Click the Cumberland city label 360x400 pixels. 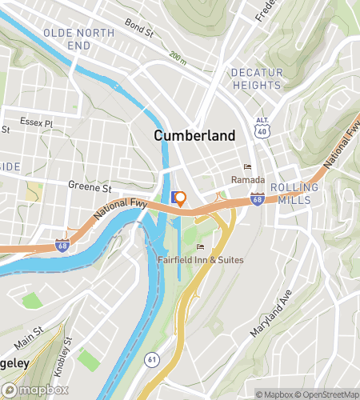point(194,136)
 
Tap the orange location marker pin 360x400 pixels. point(181,199)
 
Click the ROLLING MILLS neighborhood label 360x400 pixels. point(294,193)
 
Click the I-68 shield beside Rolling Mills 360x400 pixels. point(257,198)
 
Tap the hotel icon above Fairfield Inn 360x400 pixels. point(200,246)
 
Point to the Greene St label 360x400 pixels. point(90,188)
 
